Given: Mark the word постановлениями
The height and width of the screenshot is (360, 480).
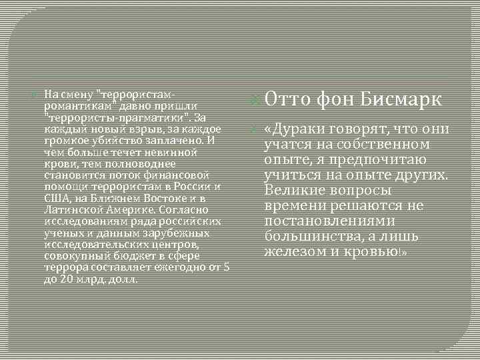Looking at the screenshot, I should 329,221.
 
